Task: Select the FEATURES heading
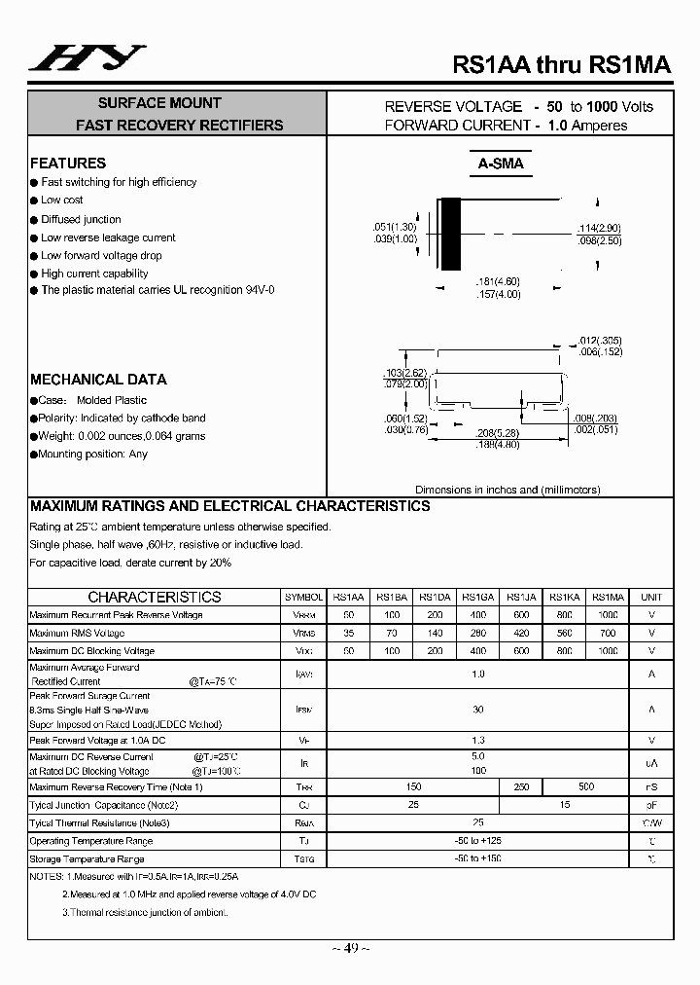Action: point(68,164)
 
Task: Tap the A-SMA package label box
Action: point(501,164)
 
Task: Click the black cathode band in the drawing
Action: point(450,234)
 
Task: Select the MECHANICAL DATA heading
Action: point(98,380)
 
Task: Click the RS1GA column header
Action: point(477,597)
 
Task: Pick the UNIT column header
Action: point(651,597)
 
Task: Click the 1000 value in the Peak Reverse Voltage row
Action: point(608,615)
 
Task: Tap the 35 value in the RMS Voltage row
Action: point(349,634)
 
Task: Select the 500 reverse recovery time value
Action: point(586,786)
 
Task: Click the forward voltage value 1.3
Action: point(477,741)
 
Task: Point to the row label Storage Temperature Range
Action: point(87,859)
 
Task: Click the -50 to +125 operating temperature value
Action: point(477,841)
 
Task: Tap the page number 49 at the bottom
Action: point(349,948)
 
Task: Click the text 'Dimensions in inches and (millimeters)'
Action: point(507,490)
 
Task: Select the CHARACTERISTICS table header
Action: point(155,597)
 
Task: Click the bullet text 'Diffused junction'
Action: point(81,219)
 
